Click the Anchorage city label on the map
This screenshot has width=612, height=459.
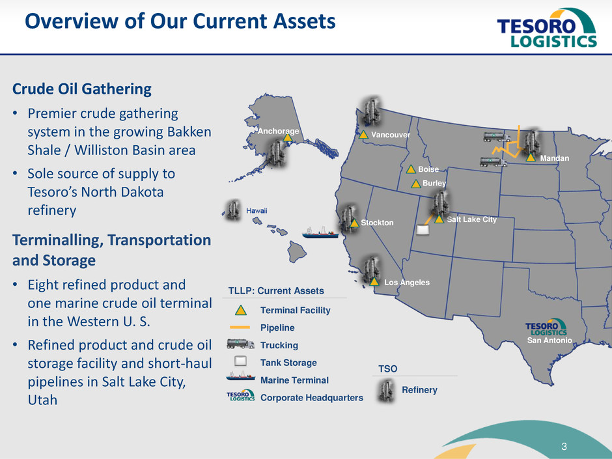pos(278,131)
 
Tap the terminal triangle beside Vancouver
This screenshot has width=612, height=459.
pos(363,135)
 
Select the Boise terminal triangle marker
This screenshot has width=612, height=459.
pos(411,169)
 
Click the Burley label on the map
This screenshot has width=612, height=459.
pos(434,183)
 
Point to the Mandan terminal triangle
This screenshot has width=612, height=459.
pos(531,158)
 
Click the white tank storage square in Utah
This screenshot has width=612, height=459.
pos(423,230)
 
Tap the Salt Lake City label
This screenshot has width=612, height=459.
pos(471,219)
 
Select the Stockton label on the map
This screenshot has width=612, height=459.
pos(377,223)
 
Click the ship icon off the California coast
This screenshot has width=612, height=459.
pos(320,232)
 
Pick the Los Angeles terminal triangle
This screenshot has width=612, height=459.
pos(374,281)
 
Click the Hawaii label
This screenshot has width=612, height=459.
pos(257,211)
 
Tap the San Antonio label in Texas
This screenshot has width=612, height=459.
pos(549,341)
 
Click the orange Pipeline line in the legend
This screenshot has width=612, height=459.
pos(240,327)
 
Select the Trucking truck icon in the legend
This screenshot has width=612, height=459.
pos(240,344)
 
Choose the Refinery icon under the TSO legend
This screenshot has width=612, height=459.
pos(386,391)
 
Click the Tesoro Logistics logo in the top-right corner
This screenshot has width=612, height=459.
pos(547,28)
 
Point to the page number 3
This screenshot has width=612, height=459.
pos(564,447)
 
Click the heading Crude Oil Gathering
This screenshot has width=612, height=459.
pos(82,89)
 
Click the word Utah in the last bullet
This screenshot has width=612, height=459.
pos(42,400)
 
